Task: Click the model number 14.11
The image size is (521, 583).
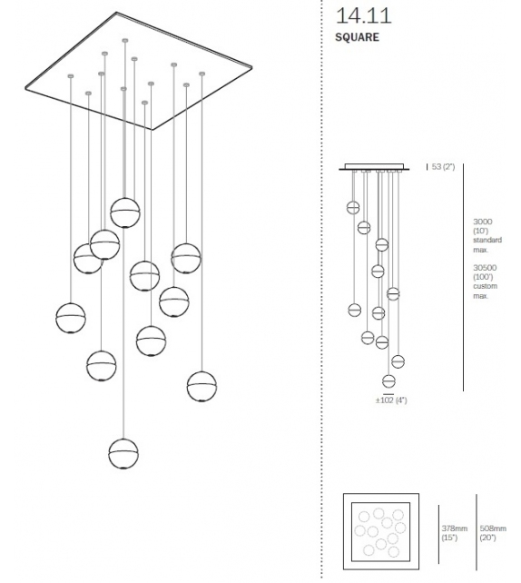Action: pyautogui.click(x=363, y=16)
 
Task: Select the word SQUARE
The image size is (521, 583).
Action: pyautogui.click(x=357, y=37)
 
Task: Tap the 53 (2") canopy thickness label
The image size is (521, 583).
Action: pyautogui.click(x=443, y=166)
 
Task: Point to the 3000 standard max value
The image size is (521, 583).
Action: pyautogui.click(x=482, y=222)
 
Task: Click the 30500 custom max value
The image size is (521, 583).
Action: pyautogui.click(x=485, y=268)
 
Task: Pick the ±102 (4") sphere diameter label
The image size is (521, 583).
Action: pyautogui.click(x=391, y=400)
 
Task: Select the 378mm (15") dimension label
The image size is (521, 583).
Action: pyautogui.click(x=454, y=533)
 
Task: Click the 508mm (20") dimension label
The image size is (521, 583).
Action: pyautogui.click(x=493, y=533)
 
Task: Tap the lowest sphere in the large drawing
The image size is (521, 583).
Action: pyautogui.click(x=123, y=454)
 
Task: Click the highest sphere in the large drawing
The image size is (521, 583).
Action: pyautogui.click(x=125, y=212)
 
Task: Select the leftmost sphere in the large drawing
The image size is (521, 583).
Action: pyautogui.click(x=71, y=318)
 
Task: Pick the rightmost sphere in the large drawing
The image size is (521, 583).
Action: pyautogui.click(x=202, y=387)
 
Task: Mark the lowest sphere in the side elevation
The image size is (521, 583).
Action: pyautogui.click(x=388, y=381)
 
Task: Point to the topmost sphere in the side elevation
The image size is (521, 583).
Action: pyautogui.click(x=353, y=207)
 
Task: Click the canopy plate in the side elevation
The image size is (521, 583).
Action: pyautogui.click(x=374, y=167)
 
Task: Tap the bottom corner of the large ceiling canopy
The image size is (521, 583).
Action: pyautogui.click(x=152, y=129)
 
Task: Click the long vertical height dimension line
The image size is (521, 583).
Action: pyautogui.click(x=464, y=277)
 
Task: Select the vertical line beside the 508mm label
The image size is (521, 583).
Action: pyautogui.click(x=476, y=532)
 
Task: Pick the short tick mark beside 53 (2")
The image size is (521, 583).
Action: pyautogui.click(x=427, y=166)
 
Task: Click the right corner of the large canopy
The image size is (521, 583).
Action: pyautogui.click(x=252, y=68)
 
